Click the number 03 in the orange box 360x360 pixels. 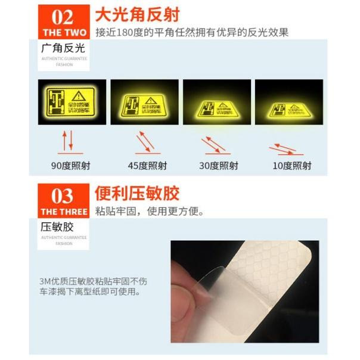click(x=63, y=195)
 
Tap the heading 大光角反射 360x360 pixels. click(x=137, y=13)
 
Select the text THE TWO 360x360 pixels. click(x=63, y=32)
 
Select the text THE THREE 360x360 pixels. click(x=63, y=212)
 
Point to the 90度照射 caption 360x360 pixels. click(x=67, y=166)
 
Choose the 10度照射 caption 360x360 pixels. click(x=292, y=166)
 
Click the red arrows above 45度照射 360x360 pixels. click(x=144, y=141)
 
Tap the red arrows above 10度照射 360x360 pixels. click(x=291, y=148)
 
